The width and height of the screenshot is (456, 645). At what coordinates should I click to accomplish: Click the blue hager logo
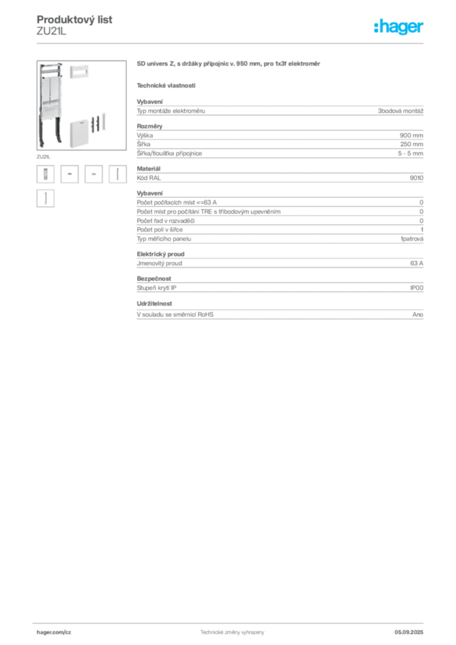(x=399, y=27)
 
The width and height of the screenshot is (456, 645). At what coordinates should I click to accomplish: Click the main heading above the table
(x=229, y=65)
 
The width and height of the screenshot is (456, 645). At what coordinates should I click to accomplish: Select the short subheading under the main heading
(x=166, y=85)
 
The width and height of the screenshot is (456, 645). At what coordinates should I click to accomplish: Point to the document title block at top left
(x=76, y=25)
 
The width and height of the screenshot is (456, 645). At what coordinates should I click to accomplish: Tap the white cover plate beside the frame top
(x=79, y=71)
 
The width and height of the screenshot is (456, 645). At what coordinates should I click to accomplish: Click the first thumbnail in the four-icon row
(x=45, y=174)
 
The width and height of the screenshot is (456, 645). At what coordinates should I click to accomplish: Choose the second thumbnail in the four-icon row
(x=71, y=174)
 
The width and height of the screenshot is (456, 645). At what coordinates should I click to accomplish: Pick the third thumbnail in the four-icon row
(x=94, y=174)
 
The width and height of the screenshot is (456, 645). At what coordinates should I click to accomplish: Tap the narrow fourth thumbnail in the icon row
(x=118, y=174)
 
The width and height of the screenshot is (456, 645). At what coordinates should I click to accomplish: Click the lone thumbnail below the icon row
(x=45, y=199)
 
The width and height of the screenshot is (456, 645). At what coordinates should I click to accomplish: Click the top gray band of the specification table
(x=280, y=110)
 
